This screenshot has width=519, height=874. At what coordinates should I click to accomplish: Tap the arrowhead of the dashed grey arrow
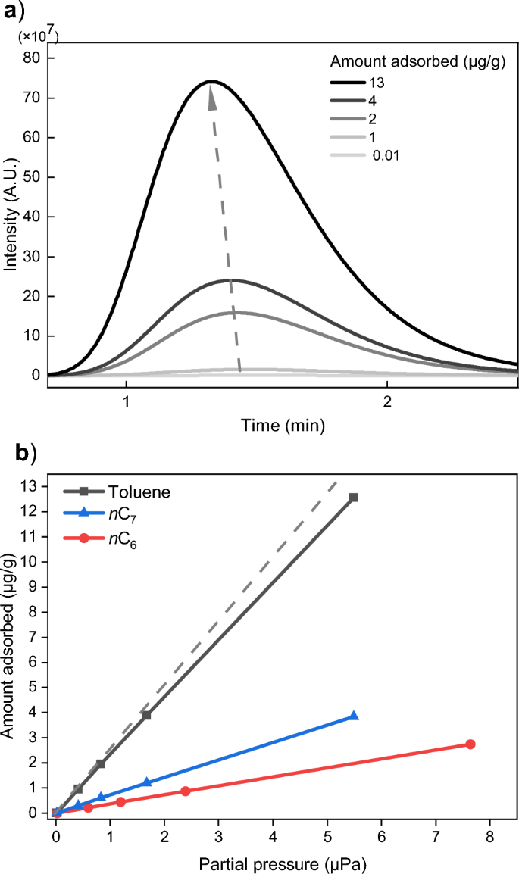click(211, 95)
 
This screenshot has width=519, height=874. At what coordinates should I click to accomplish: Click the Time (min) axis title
click(283, 426)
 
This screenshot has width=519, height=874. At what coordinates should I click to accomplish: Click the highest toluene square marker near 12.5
click(353, 498)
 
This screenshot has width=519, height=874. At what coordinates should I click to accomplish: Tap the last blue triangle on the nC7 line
click(353, 716)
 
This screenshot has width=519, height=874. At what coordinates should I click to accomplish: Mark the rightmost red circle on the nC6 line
click(470, 744)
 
